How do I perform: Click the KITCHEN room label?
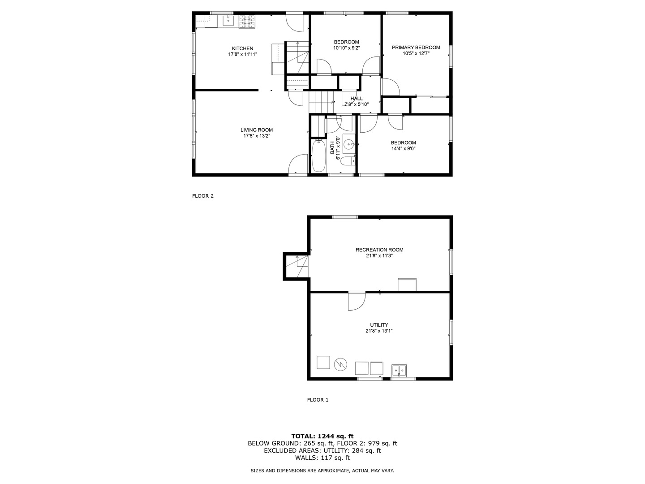tap(242, 48)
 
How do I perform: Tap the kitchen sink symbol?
tap(228, 20)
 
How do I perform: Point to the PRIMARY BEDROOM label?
tap(416, 48)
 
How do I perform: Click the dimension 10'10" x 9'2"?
tap(346, 48)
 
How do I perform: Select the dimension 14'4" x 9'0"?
tap(403, 149)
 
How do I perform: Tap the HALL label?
tap(357, 99)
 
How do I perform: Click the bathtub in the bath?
tap(318, 156)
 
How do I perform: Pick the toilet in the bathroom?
tap(348, 161)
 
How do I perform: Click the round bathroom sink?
tap(349, 144)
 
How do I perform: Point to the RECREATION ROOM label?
tap(379, 250)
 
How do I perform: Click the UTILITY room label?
tap(379, 325)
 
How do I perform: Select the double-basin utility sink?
tap(399, 371)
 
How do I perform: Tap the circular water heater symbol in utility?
tap(341, 364)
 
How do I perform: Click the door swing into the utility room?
tap(356, 301)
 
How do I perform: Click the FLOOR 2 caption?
tap(203, 196)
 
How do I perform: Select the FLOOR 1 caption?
tap(318, 400)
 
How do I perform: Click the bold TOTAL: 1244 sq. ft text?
tap(322, 436)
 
